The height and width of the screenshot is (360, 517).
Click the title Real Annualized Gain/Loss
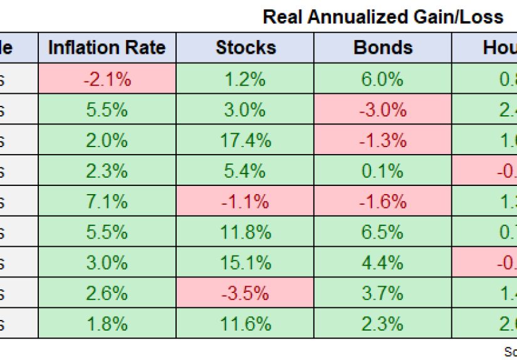point(383,17)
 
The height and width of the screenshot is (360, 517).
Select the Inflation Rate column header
point(107,48)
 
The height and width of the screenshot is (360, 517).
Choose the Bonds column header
point(382,48)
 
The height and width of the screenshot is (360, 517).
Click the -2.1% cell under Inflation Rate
point(107,79)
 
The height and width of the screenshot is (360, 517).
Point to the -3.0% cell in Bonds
point(382,110)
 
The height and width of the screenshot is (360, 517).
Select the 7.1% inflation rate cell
point(107,202)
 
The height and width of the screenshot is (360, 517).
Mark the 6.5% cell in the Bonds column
point(382,232)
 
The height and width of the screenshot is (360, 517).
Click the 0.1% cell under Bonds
point(382,171)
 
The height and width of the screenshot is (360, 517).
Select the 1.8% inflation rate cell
point(107,324)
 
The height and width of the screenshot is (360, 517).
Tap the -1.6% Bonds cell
point(382,202)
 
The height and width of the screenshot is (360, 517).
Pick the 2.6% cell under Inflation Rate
point(107,294)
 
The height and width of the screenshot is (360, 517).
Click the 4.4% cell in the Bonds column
point(382,263)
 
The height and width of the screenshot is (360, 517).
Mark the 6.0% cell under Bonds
point(382,79)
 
